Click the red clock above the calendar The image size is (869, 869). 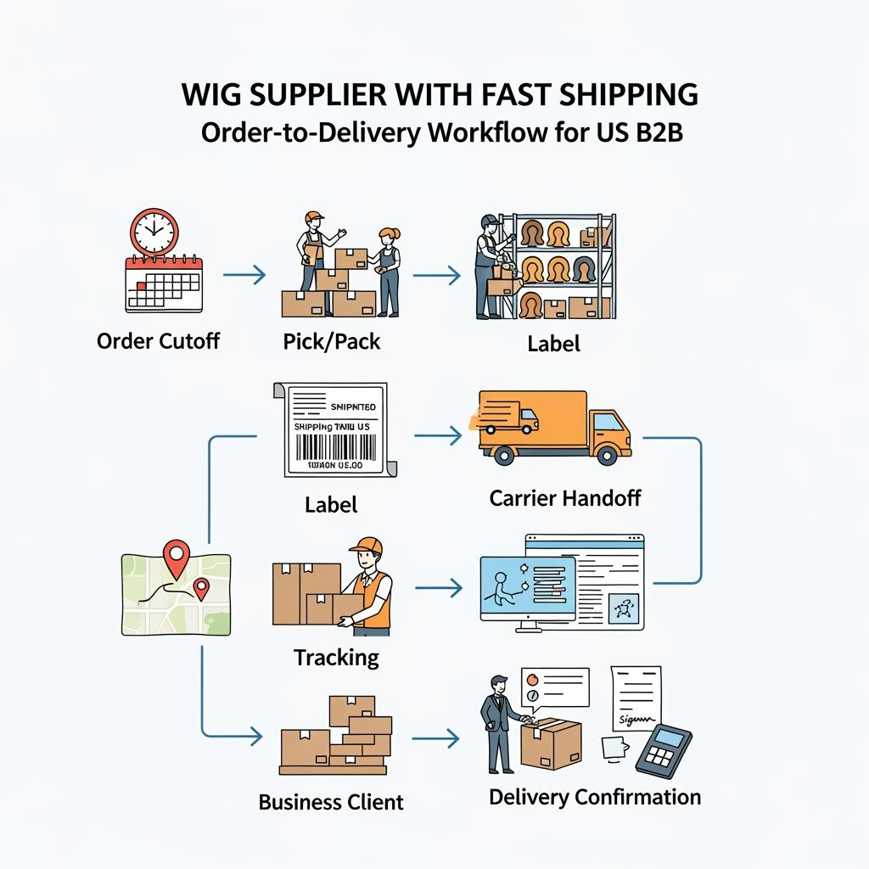tap(154, 231)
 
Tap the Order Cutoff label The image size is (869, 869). tap(158, 341)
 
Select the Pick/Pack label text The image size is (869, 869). tap(332, 341)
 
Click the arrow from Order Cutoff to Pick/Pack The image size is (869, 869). tap(244, 274)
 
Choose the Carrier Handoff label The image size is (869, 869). tap(565, 497)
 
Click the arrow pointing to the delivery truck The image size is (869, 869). tap(438, 436)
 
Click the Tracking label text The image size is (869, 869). tap(336, 657)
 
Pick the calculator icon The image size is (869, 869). tap(660, 748)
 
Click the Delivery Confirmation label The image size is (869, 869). tap(595, 797)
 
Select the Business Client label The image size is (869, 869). tap(331, 802)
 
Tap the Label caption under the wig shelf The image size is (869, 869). tap(553, 343)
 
